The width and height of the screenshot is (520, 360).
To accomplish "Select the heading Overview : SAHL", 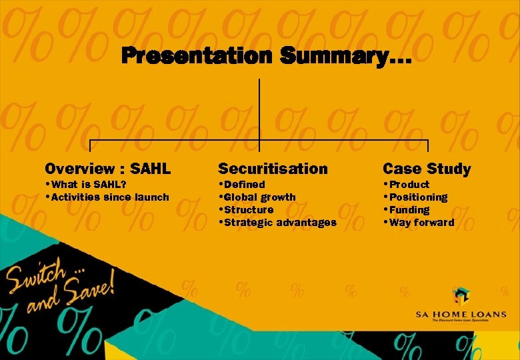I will tap(107, 169).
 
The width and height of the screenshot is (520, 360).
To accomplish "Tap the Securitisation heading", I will tap(273, 169).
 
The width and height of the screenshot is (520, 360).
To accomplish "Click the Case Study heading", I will tap(427, 169).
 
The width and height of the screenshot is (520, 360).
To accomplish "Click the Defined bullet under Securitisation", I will tap(244, 184).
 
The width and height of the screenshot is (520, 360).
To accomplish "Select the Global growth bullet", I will tap(259, 197).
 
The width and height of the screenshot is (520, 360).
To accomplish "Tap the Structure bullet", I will tap(249, 209).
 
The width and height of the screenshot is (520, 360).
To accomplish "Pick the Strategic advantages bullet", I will tap(280, 222).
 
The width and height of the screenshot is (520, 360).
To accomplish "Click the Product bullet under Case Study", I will tap(409, 184).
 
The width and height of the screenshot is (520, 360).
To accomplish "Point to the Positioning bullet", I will tap(417, 197).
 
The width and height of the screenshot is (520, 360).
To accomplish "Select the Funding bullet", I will tap(409, 209).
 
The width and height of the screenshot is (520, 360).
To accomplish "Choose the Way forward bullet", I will tap(421, 222).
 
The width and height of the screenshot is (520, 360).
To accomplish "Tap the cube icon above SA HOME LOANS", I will tap(461, 295).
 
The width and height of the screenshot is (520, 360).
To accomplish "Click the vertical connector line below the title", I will tap(259, 107).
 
